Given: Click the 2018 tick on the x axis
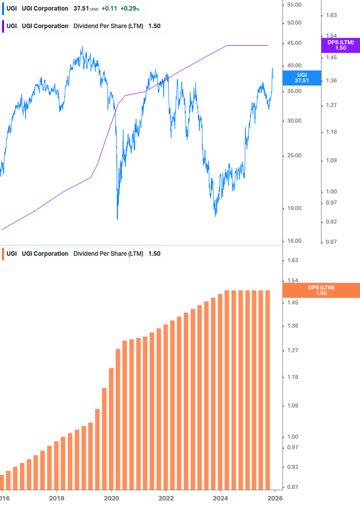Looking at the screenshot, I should tap(57, 498).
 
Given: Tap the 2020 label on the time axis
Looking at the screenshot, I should tap(111, 498).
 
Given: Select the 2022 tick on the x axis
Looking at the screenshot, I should tap(166, 498).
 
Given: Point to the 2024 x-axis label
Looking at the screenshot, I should tap(220, 498).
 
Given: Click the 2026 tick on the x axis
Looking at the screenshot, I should tap(274, 498).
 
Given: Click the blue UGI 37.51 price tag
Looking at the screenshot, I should tap(301, 77).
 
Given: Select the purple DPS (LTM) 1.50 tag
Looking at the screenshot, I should tap(340, 45).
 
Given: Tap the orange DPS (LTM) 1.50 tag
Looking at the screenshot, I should tap(321, 290).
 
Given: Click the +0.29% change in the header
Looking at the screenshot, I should tap(130, 9).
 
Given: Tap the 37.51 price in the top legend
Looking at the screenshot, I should tap(81, 9).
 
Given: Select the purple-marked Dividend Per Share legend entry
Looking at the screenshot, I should tap(83, 26).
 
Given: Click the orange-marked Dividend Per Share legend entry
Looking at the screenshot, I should tap(83, 254).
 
